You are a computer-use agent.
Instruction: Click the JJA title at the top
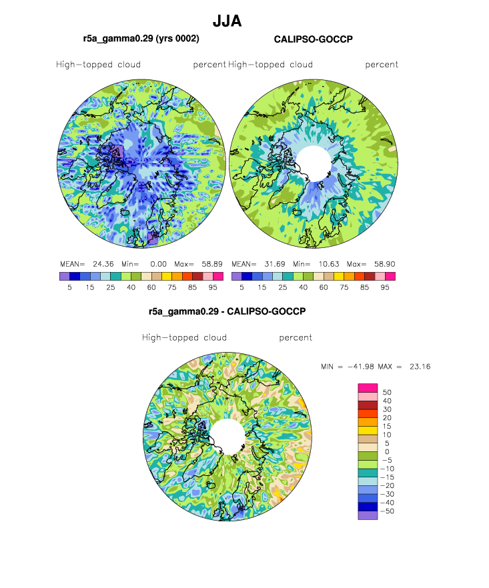coord(227,21)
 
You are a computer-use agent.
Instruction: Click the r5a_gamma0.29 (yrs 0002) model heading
coord(141,39)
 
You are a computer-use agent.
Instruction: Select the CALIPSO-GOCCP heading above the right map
coord(314,39)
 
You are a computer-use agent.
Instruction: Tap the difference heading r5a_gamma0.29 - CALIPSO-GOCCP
coord(227,311)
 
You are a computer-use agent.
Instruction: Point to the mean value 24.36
coord(103,264)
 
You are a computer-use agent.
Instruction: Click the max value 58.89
coord(212,264)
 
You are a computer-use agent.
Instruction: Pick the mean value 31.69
coord(275,264)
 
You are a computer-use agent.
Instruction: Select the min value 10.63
coord(329,264)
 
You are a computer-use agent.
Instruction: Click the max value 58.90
coord(384,264)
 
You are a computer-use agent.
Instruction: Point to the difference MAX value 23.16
coord(420,367)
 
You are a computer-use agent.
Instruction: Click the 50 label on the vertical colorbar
coord(387,392)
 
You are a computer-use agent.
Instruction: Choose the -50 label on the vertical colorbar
coord(388,511)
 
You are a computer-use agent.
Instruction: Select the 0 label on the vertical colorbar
coord(387,452)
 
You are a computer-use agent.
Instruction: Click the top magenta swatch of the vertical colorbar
coord(368,388)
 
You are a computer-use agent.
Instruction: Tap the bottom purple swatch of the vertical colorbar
coord(368,515)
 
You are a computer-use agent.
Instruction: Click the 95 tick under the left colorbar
coord(213,287)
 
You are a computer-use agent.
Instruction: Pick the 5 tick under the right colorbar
coord(241,287)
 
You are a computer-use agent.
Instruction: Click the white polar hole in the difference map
coord(227,437)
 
